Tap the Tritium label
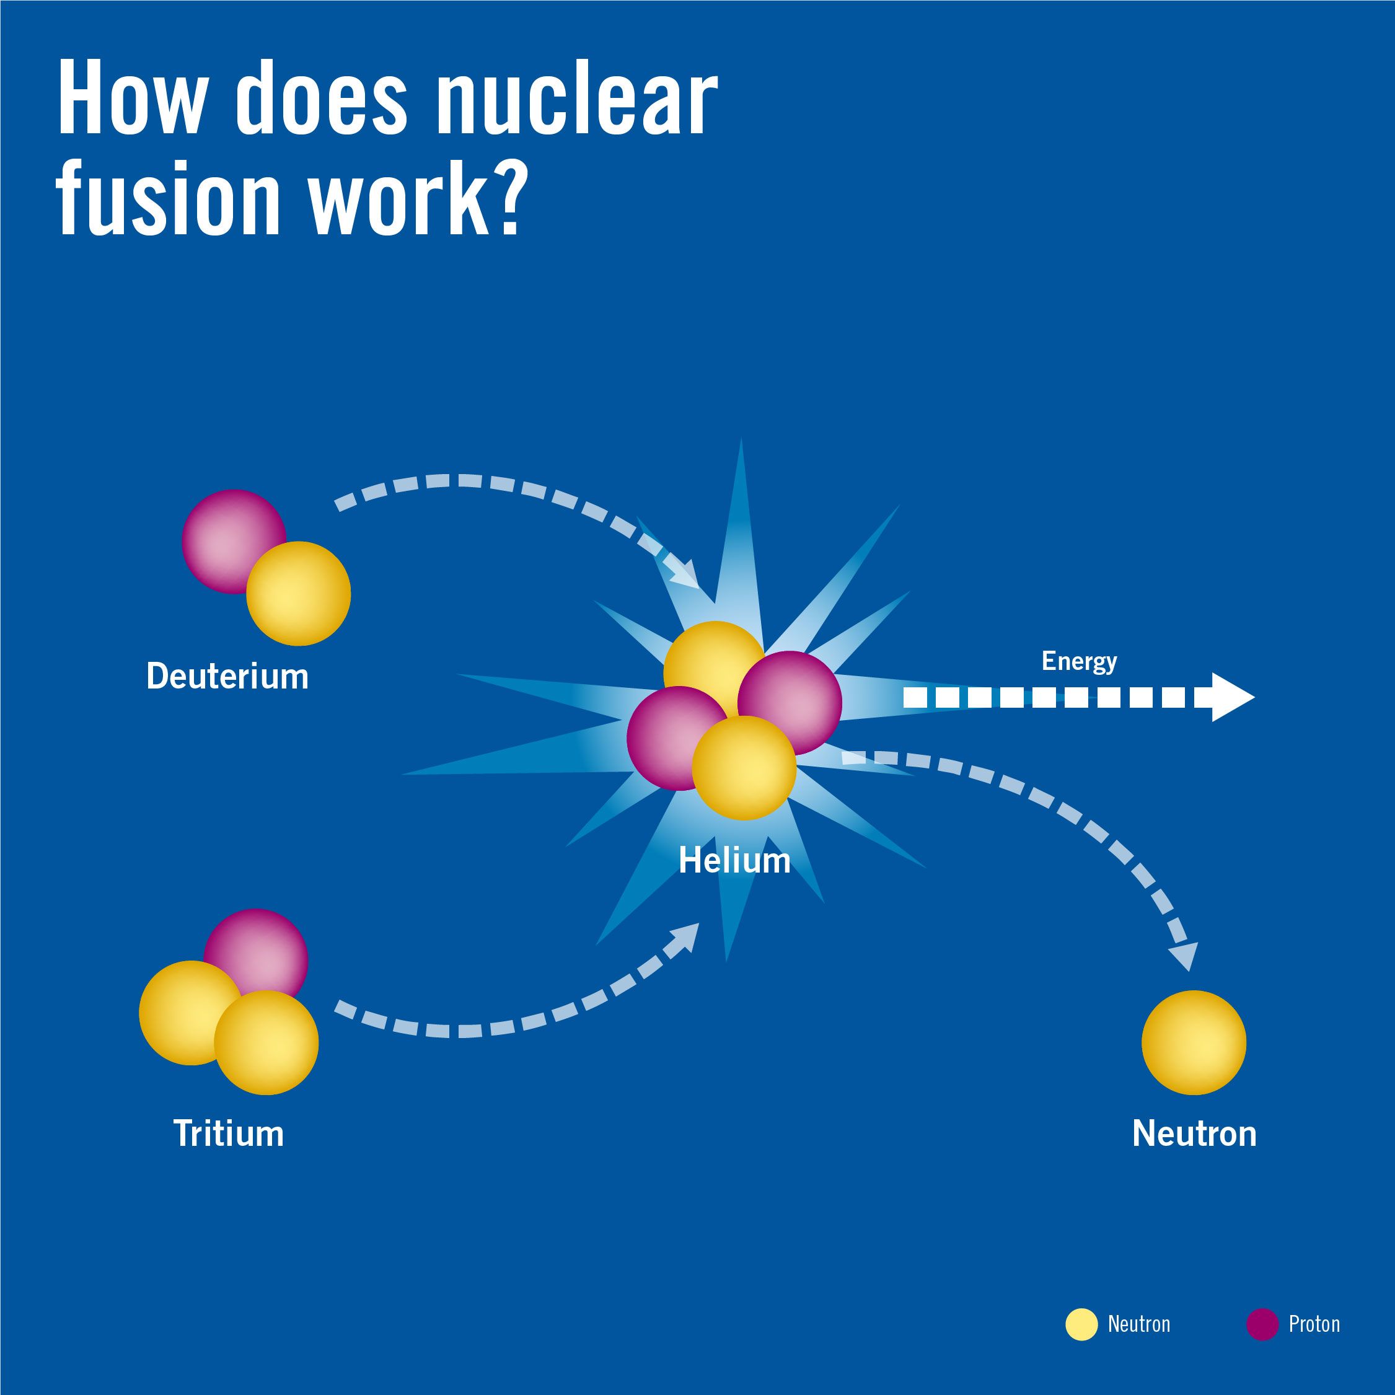pos(228,1133)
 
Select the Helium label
pos(734,861)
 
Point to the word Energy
pos(1079,661)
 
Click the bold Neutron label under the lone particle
pos(1194,1133)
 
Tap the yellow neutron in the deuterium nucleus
pos(299,594)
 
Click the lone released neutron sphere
pos(1194,1042)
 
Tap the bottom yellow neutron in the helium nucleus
pos(744,768)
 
